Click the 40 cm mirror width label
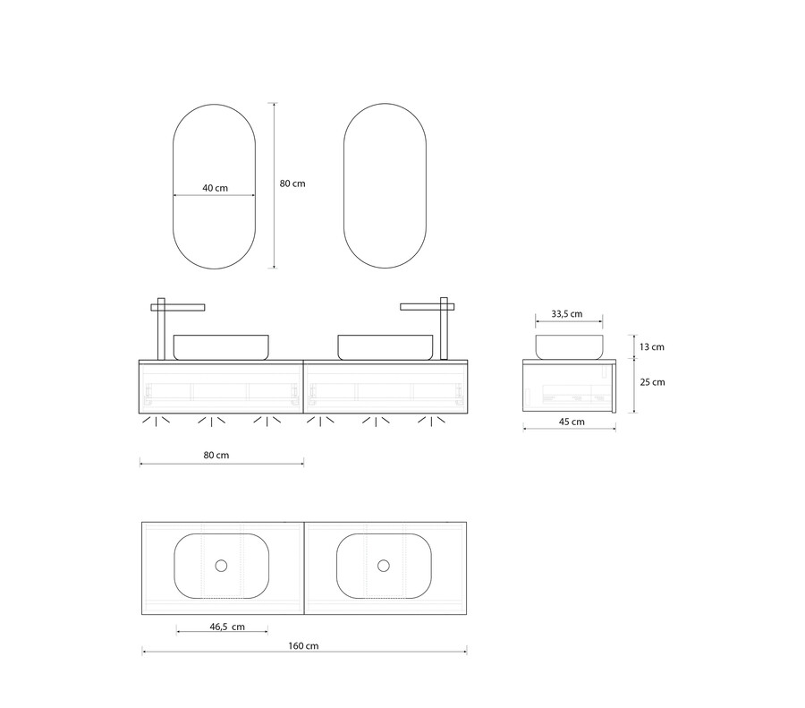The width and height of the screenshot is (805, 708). click(x=215, y=188)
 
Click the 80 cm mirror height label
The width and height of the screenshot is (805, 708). click(x=292, y=183)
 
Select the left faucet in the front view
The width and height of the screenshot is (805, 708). click(x=161, y=328)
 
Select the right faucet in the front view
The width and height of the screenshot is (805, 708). click(x=444, y=328)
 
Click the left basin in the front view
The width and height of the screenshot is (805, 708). click(x=221, y=347)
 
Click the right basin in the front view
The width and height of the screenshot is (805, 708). click(x=385, y=347)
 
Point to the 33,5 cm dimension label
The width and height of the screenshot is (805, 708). click(x=567, y=314)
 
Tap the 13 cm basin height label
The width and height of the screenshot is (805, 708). click(x=652, y=347)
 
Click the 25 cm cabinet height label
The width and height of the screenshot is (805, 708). click(x=653, y=382)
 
